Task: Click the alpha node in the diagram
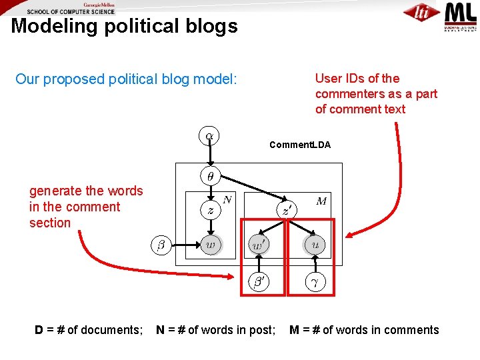[x=210, y=136]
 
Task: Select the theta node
[x=210, y=177]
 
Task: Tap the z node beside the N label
[x=210, y=209]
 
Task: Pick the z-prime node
[x=285, y=210]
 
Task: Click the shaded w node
[x=211, y=245]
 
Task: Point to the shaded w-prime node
[x=259, y=245]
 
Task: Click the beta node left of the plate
[x=160, y=245]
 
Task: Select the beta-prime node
[x=259, y=282]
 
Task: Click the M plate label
[x=321, y=201]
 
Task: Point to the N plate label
[x=227, y=199]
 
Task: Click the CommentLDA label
[x=299, y=145]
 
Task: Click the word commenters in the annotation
[x=359, y=93]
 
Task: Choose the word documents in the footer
[x=111, y=329]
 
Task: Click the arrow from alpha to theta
[x=210, y=157]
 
